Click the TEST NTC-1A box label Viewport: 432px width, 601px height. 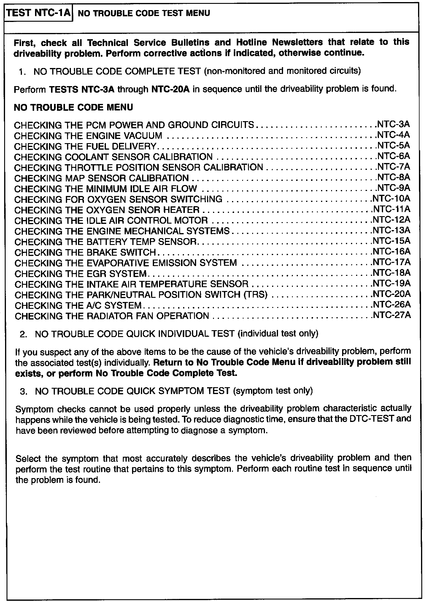pos(39,13)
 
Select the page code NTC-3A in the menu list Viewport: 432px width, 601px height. pos(393,124)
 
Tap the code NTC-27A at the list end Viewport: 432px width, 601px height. pos(392,315)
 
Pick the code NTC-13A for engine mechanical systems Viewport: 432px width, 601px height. pos(392,230)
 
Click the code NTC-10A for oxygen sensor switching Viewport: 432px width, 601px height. pos(392,198)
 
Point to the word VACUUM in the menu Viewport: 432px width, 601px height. pos(143,135)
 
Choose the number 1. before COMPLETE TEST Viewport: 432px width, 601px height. pos(23,72)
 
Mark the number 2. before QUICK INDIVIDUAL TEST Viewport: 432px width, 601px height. pos(24,334)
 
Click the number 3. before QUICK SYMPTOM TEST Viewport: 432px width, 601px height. pos(24,391)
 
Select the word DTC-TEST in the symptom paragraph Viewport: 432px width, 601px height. pos(374,419)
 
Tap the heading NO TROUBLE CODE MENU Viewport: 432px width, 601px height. pos(73,107)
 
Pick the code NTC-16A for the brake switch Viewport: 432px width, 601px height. pos(392,252)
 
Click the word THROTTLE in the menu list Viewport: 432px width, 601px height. pos(89,167)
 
